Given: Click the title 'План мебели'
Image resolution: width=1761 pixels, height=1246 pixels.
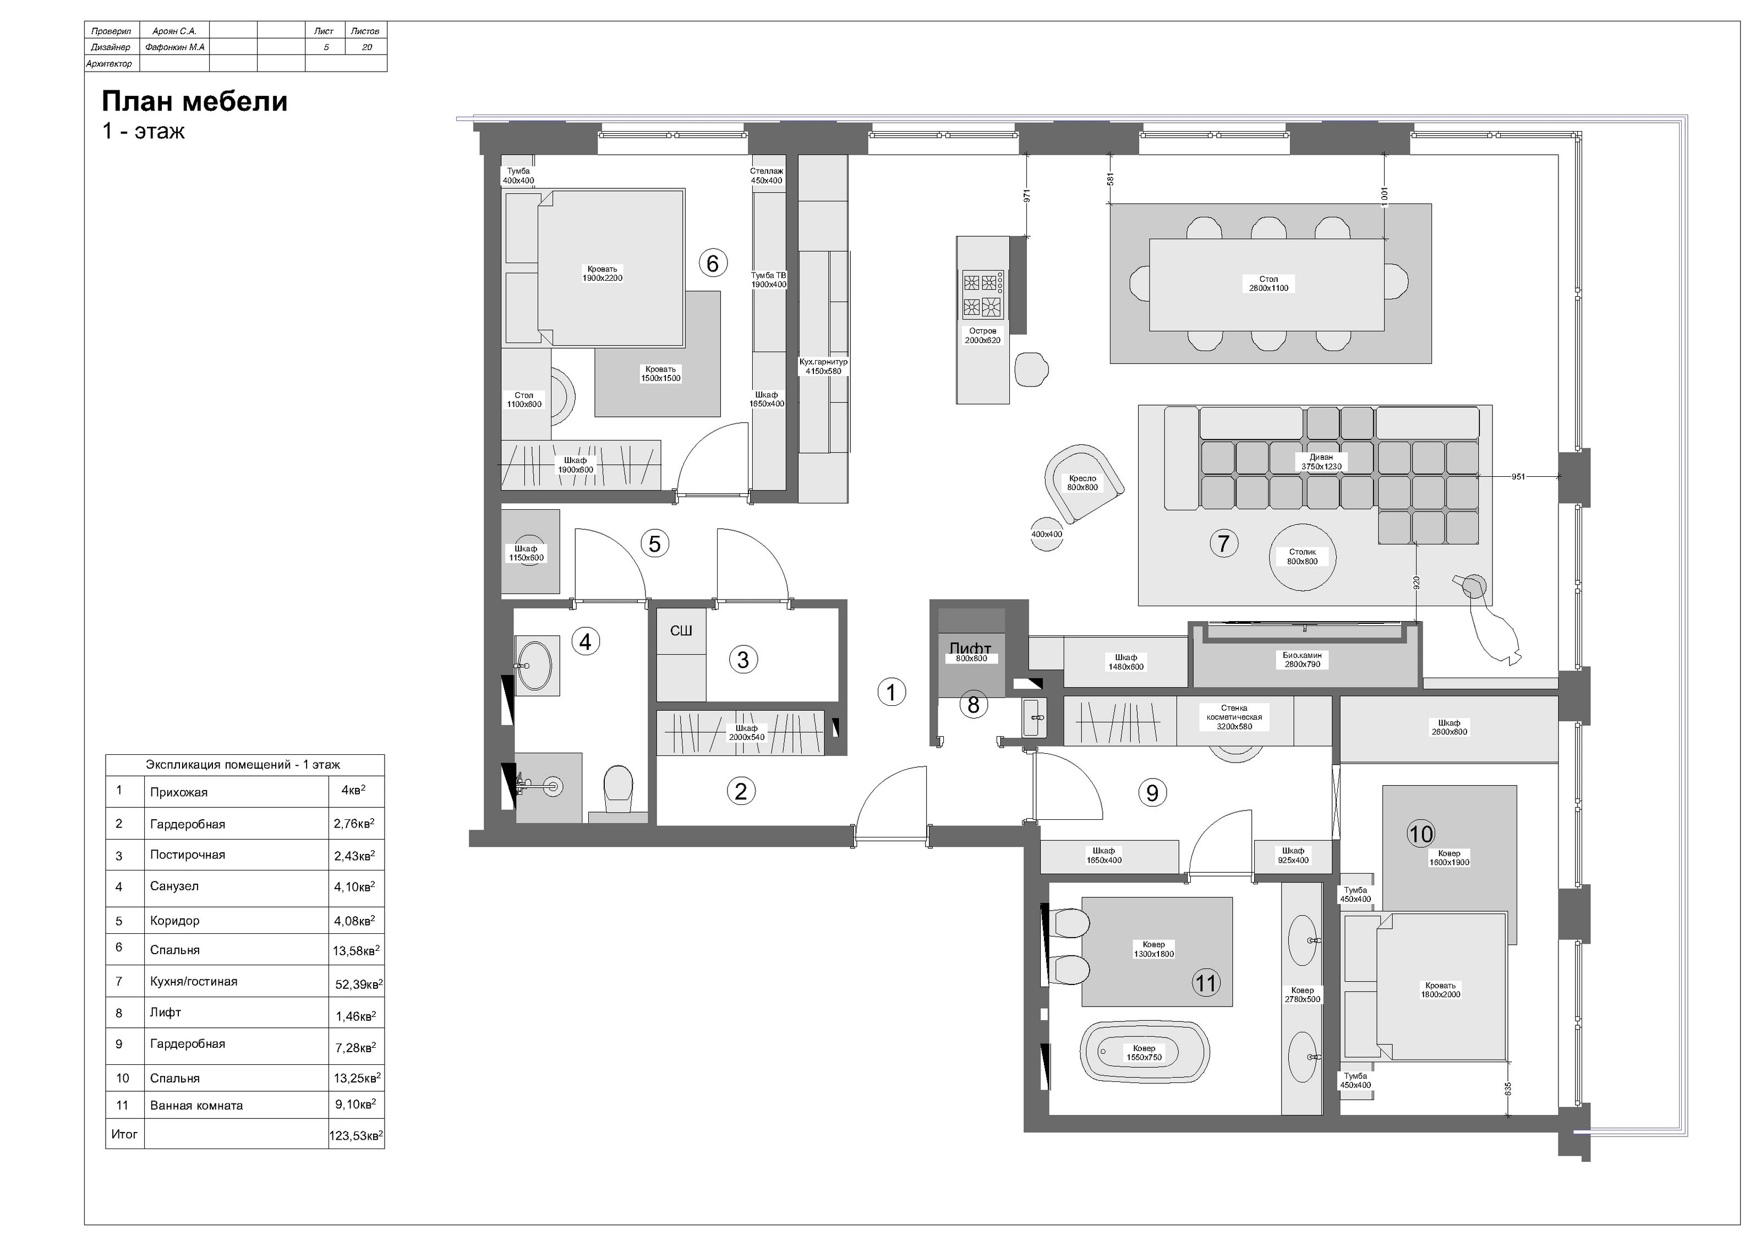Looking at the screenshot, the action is pos(195,101).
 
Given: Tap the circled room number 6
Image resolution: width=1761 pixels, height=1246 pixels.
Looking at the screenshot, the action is pos(713,263).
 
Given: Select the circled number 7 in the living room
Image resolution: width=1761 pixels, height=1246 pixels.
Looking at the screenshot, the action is pos(1223,543).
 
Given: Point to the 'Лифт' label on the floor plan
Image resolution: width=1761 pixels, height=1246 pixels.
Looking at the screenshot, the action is pos(970,648).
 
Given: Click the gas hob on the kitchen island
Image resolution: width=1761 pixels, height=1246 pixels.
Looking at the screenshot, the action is pos(982,295).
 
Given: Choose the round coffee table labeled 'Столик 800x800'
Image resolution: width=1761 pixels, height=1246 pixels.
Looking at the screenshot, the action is pos(1303,557).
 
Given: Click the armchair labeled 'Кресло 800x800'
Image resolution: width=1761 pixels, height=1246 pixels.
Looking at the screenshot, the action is pos(1083,482).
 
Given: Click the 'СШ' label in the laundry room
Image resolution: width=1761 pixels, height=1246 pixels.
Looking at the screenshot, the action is pos(681,630).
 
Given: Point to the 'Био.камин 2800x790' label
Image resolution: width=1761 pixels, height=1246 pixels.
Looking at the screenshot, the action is pos(1303,660).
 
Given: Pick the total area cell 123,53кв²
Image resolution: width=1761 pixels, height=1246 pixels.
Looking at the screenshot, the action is pos(356,1135).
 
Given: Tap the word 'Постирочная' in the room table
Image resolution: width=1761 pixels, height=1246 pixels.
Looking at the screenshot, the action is pos(188,855).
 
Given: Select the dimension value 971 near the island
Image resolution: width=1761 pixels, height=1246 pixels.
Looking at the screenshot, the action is pos(1027,195).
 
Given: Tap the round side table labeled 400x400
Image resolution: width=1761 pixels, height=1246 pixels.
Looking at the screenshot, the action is pos(1047,534).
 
